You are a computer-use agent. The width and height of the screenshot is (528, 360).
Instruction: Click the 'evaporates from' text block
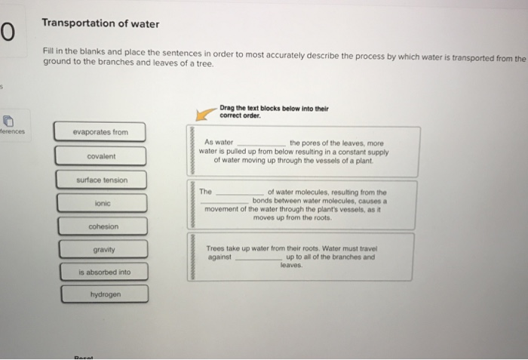point(101,132)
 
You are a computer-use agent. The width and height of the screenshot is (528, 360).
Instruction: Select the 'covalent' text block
point(101,156)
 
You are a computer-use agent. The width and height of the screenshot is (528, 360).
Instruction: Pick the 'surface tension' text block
point(101,180)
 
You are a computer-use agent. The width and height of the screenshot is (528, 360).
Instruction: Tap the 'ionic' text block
point(101,204)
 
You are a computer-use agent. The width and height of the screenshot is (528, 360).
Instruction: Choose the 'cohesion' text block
point(101,226)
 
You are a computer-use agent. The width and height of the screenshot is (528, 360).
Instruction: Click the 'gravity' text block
point(101,249)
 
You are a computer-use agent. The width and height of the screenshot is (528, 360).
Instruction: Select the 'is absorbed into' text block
point(101,272)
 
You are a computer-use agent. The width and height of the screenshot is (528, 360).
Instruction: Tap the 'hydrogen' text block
point(101,294)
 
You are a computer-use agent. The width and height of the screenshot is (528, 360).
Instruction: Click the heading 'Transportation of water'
point(100,24)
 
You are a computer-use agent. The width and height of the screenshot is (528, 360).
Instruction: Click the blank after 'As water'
point(261,143)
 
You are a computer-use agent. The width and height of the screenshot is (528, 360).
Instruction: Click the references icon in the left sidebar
point(8,120)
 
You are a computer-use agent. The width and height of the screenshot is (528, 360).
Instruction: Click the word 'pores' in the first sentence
point(321,141)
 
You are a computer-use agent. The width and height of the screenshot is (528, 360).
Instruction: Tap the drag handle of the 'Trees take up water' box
point(192,257)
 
